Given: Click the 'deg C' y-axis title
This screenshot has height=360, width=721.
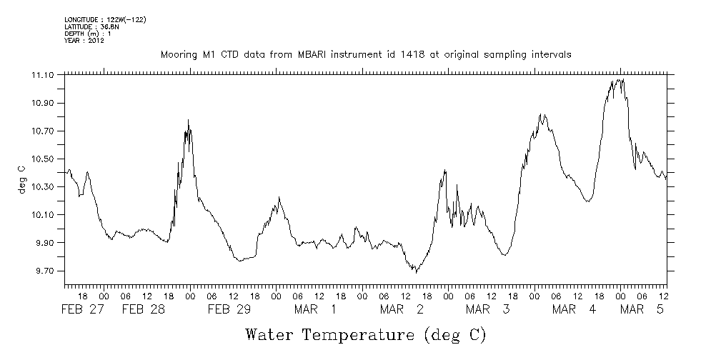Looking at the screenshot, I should click(x=21, y=179).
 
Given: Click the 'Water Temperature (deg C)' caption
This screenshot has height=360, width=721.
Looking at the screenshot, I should click(x=366, y=334).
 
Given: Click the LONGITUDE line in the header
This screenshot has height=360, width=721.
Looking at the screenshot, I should click(x=105, y=19).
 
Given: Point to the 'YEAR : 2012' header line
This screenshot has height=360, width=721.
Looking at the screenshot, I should click(x=85, y=41).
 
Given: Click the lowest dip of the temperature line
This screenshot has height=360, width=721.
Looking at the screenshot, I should click(x=416, y=272).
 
